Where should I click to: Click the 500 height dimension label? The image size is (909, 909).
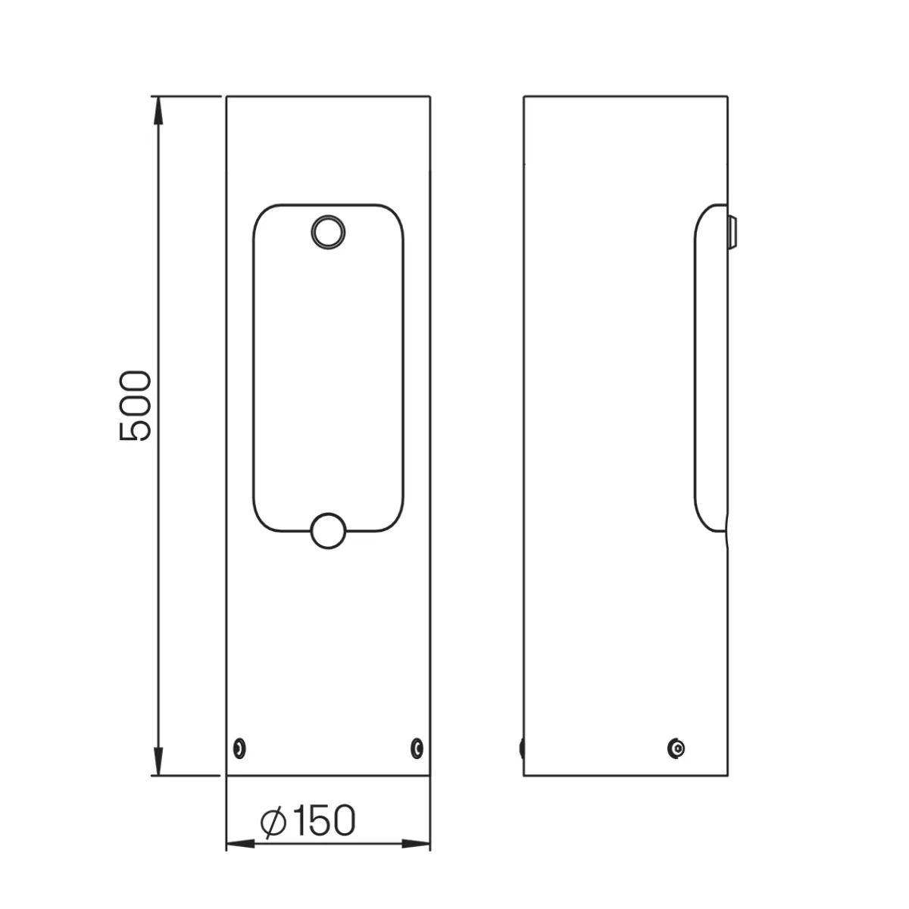[x=136, y=406]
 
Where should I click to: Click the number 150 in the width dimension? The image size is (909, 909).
[x=323, y=820]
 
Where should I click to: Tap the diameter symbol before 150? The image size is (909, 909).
[x=273, y=821]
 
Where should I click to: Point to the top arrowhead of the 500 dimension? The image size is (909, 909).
[x=158, y=111]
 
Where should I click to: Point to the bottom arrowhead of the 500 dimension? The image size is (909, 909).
[x=158, y=761]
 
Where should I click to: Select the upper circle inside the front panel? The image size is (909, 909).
[x=328, y=232]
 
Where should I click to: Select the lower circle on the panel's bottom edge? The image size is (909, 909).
[x=328, y=531]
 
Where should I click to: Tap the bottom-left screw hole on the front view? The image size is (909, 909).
[x=239, y=748]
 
